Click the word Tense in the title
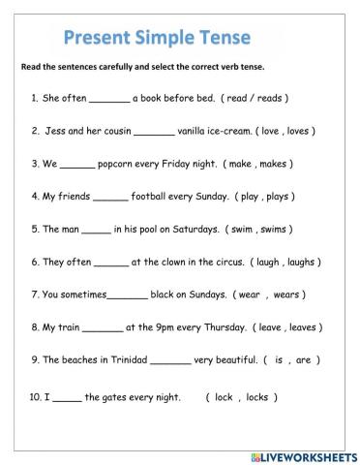point(221,38)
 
